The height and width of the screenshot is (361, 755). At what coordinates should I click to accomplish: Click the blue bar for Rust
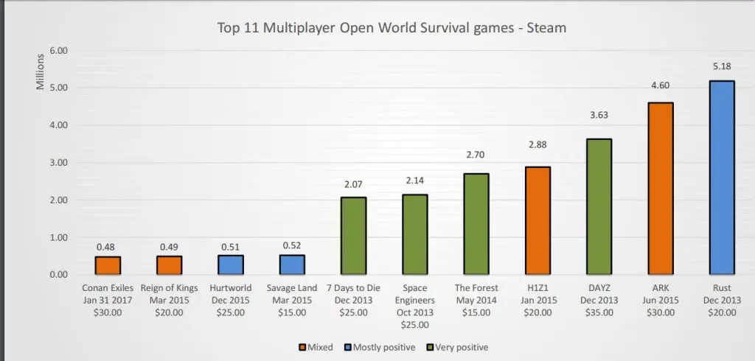coord(722,178)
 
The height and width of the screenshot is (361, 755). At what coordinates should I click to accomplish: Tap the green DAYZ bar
coord(599,206)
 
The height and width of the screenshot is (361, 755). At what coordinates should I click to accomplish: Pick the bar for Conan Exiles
coord(108,265)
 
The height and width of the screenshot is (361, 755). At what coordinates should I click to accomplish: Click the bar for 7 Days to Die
coord(353,236)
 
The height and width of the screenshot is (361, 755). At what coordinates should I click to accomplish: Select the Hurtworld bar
coord(230,264)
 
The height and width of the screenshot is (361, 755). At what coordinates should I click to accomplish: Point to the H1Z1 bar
coord(537,220)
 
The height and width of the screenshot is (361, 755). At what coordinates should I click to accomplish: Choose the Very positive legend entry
coord(461,347)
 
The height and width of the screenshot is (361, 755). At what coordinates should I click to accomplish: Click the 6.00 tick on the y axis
coord(58,51)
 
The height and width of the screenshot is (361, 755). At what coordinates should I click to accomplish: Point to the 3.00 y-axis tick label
coord(58,163)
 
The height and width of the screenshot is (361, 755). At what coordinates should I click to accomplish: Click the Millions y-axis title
coord(41,74)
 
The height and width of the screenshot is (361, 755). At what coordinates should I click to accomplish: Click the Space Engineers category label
coord(414,294)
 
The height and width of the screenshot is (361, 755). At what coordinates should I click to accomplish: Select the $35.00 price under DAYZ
coord(599,312)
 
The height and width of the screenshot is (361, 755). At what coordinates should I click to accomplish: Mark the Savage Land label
coord(292,288)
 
